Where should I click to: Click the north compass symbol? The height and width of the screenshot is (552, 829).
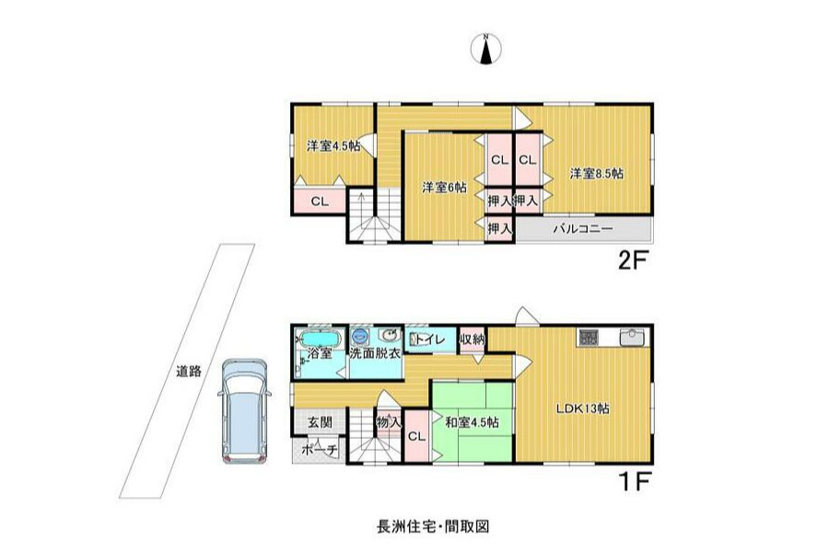pos(485,49)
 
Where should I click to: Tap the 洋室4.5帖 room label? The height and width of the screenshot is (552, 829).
pos(333,145)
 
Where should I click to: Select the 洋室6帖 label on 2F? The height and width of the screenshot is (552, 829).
pos(444,187)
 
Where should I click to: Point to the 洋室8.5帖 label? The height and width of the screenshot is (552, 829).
pos(596,173)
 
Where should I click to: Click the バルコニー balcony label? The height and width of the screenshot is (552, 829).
pos(583,229)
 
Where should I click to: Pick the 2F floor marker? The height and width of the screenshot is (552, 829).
pos(633,260)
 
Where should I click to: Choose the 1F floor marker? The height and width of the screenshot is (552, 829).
pos(633,481)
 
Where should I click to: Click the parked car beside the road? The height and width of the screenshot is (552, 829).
pos(244,411)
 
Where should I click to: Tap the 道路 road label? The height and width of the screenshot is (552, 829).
pos(189,371)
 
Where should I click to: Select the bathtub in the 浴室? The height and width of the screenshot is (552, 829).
pos(317,338)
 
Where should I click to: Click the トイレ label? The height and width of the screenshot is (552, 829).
pos(430,339)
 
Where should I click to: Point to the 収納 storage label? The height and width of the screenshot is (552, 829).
pos(472,339)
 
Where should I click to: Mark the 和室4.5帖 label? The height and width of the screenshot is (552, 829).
pos(472,422)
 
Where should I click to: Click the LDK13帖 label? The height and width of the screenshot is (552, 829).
pos(582,408)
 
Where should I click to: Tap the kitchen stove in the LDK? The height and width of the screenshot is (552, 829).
pos(588,338)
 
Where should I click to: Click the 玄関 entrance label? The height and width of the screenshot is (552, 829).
pos(320,422)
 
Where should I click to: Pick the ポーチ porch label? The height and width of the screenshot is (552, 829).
pos(320,450)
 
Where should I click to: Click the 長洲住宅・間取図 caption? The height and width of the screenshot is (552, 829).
pos(433,526)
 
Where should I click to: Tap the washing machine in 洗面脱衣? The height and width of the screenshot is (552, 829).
pos(360,336)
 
